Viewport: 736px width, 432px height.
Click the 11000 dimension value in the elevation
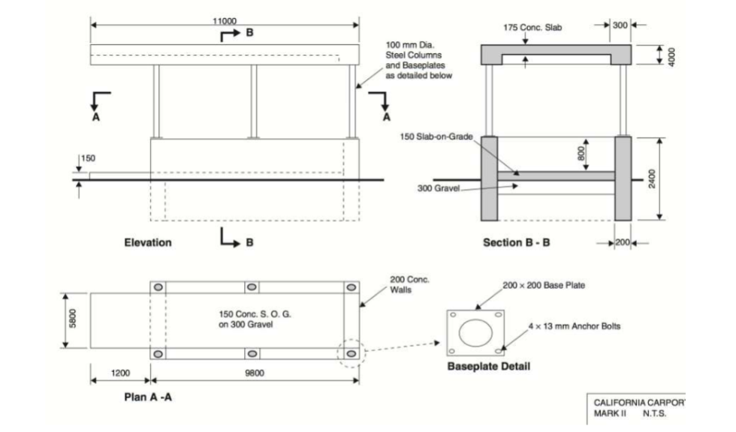225,19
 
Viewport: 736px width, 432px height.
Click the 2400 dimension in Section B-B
652,178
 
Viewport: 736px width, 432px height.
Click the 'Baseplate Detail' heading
489,367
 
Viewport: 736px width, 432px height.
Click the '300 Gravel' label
439,187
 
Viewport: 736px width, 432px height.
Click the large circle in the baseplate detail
475,332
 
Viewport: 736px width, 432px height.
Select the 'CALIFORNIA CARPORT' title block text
635,403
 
